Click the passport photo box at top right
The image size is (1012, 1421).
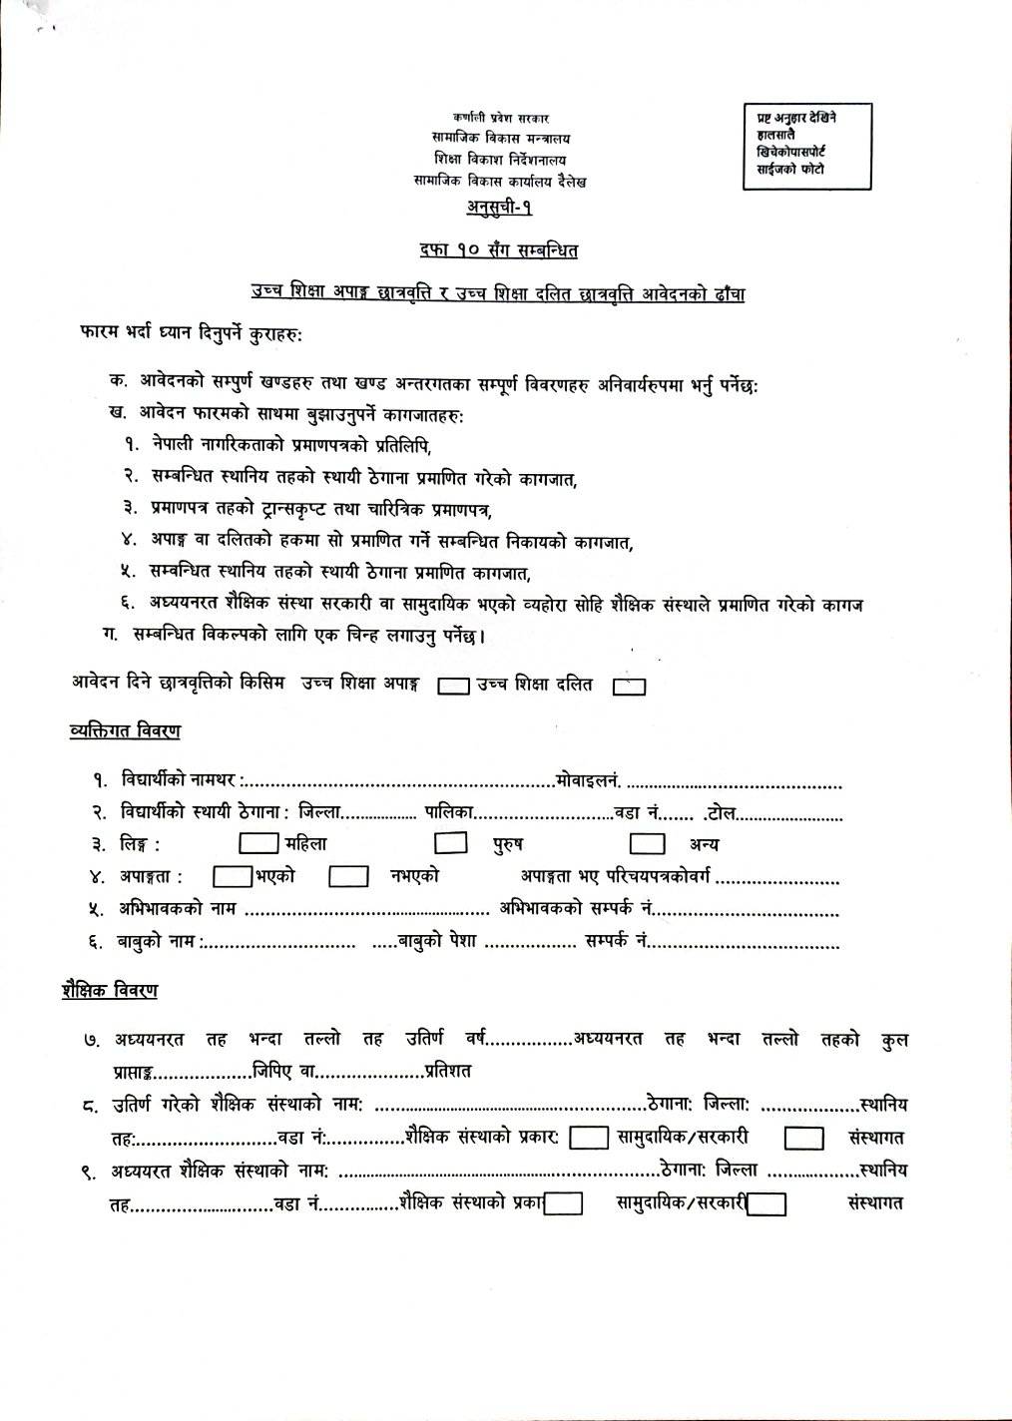pyautogui.click(x=806, y=147)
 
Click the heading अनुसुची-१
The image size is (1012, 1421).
pyautogui.click(x=499, y=208)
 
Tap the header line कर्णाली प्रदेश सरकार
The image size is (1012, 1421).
pyautogui.click(x=500, y=118)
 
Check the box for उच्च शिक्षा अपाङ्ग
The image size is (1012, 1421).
pyautogui.click(x=454, y=686)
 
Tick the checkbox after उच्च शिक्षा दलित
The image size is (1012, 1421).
pyautogui.click(x=630, y=686)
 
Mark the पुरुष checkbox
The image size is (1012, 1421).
pyautogui.click(x=451, y=843)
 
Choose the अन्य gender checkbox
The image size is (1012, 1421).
pyautogui.click(x=648, y=843)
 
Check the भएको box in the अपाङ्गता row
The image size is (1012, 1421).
pyautogui.click(x=232, y=876)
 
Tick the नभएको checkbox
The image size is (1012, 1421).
pyautogui.click(x=349, y=876)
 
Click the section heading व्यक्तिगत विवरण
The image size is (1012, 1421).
pyautogui.click(x=126, y=731)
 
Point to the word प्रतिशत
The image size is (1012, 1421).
pyautogui.click(x=447, y=1071)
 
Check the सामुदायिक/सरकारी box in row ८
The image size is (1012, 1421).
pyautogui.click(x=589, y=1138)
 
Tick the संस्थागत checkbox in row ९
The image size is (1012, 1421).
pyautogui.click(x=766, y=1203)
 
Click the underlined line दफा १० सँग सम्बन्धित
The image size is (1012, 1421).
pyautogui.click(x=499, y=251)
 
